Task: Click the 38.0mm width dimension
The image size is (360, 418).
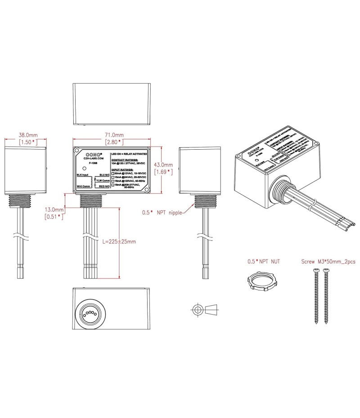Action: pyautogui.click(x=27, y=135)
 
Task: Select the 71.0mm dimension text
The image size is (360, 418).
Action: pyautogui.click(x=114, y=135)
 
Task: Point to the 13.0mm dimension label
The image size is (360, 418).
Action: pyautogui.click(x=54, y=209)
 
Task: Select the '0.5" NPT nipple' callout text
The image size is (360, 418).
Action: pyautogui.click(x=162, y=213)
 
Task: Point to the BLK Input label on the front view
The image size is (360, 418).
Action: pyautogui.click(x=82, y=174)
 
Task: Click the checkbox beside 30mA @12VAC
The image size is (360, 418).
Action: pyautogui.click(x=113, y=173)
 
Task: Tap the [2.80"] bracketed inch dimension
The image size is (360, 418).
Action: pyautogui.click(x=114, y=142)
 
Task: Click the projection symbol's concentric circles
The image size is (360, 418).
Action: pyautogui.click(x=196, y=310)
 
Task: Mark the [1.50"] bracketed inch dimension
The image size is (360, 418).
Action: pyautogui.click(x=27, y=142)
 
